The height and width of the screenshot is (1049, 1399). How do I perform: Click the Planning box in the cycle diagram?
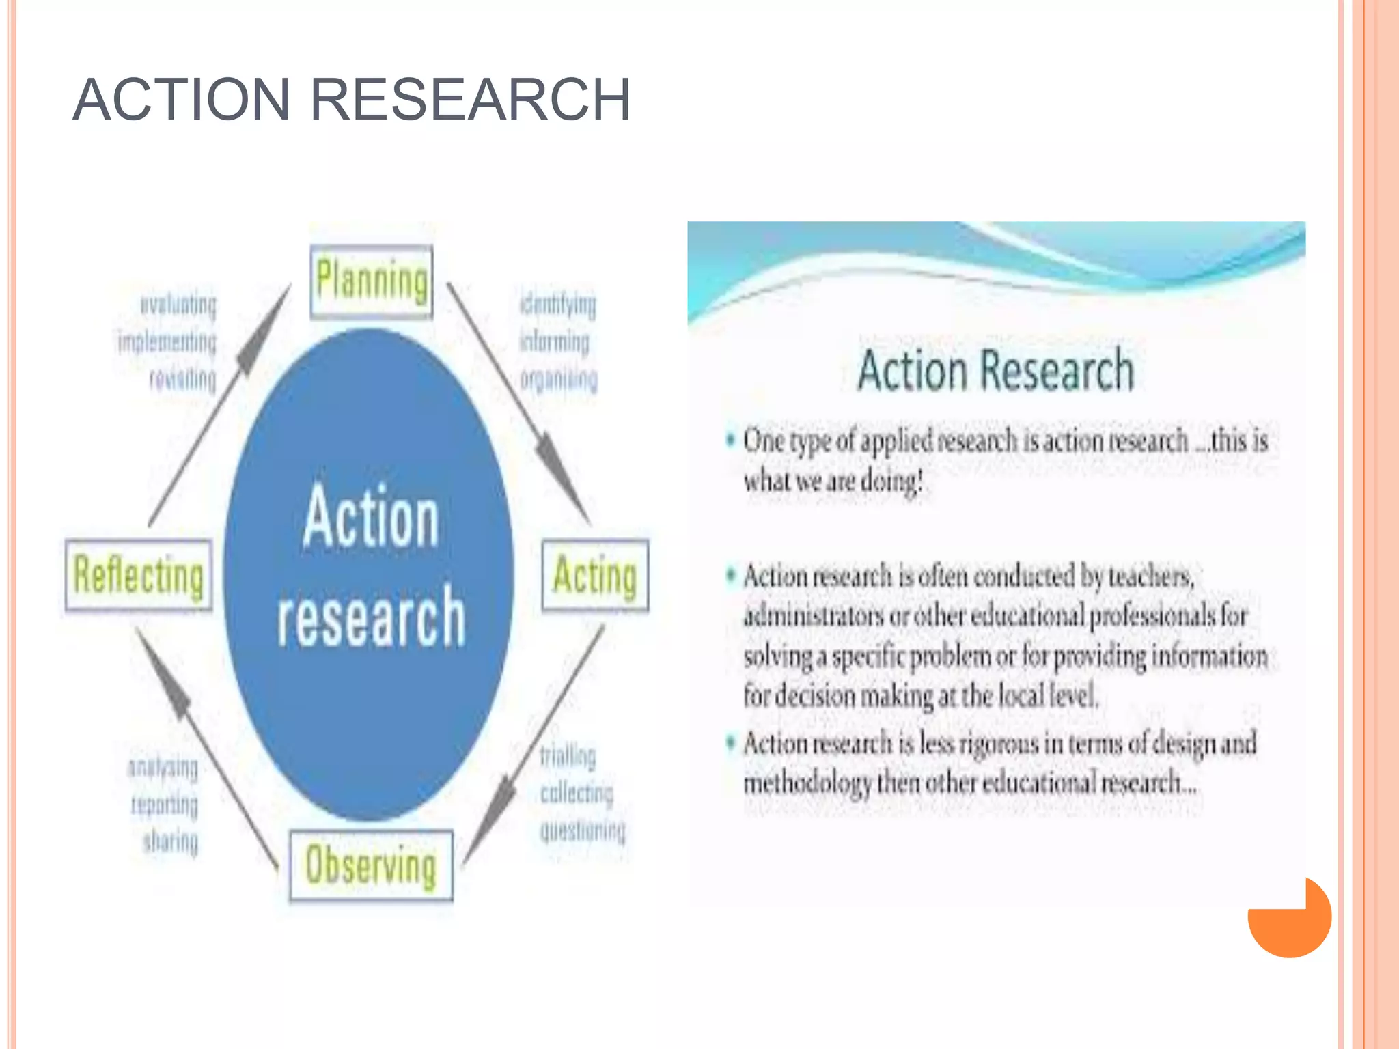point(372,281)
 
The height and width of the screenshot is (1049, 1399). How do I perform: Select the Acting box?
point(595,575)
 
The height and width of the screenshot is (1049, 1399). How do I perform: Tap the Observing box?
point(371,865)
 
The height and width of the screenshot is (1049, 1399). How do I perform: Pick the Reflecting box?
point(139,575)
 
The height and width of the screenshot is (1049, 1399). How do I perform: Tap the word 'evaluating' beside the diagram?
point(178,305)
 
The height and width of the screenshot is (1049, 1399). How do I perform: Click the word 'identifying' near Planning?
point(558,304)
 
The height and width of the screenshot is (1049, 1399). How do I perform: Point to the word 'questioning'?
point(583,830)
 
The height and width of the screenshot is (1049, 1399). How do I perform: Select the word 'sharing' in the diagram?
point(171,841)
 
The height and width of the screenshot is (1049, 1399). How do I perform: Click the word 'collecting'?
point(577,793)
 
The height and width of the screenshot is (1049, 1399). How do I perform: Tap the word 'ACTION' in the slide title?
point(182,100)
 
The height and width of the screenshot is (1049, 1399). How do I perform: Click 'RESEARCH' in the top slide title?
point(471,100)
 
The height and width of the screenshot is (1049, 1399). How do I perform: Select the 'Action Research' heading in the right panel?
point(996,370)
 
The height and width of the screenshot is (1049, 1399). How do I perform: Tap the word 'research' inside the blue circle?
point(371,617)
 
